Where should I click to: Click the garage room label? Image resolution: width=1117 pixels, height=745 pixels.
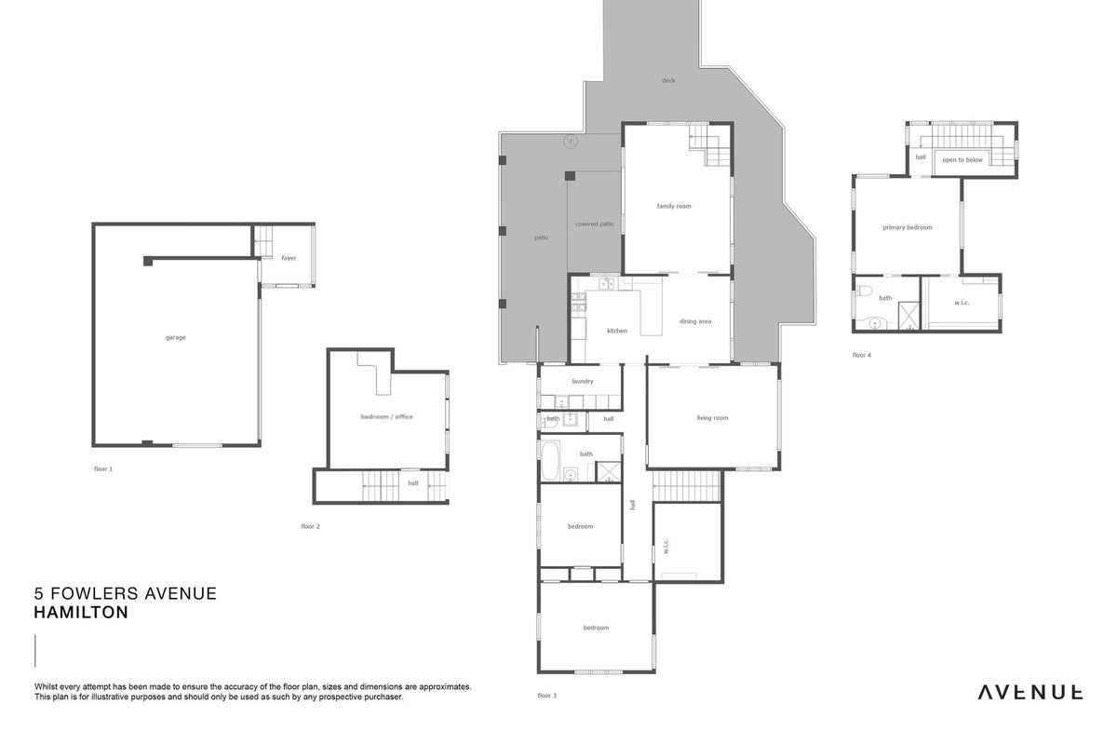tap(176, 338)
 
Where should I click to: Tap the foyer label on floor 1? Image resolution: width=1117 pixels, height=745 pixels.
tap(289, 258)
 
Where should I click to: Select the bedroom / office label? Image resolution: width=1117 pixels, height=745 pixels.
tap(386, 416)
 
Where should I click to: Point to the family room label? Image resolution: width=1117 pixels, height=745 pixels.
tap(674, 206)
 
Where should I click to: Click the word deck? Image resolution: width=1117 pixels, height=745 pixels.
tap(668, 80)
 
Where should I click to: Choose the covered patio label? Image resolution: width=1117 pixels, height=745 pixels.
tap(595, 224)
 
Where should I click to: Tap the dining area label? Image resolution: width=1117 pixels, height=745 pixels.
tap(695, 321)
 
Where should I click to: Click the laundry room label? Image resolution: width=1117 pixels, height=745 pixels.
tap(583, 381)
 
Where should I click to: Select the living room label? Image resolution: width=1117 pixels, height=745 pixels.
tap(713, 417)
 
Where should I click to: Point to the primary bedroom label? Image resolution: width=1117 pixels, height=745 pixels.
tap(907, 227)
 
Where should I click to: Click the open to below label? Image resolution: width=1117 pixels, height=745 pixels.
tap(962, 160)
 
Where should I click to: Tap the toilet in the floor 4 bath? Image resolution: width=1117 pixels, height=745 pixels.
tap(864, 290)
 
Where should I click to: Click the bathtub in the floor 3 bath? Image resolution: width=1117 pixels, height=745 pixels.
tap(550, 460)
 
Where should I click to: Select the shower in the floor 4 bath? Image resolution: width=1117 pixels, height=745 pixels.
tap(908, 317)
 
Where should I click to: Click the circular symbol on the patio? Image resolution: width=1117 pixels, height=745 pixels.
tap(570, 142)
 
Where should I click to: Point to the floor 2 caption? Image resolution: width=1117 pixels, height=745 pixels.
tap(310, 526)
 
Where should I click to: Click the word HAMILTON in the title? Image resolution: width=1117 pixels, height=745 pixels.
tap(81, 612)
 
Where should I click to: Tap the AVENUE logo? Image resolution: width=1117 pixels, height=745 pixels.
tap(1030, 693)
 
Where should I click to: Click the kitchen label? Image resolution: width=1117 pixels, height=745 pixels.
tap(617, 331)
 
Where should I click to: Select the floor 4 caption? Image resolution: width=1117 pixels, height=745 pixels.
tap(862, 356)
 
